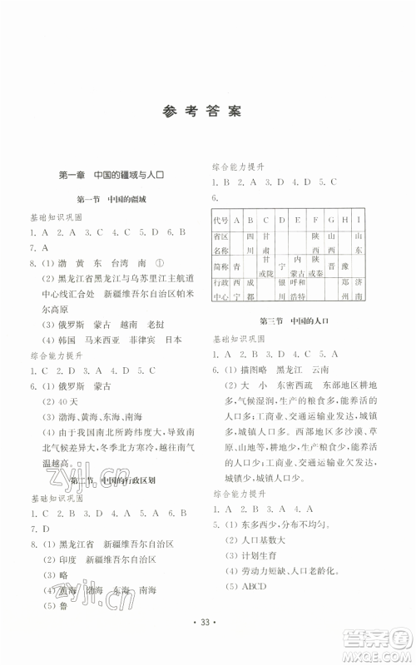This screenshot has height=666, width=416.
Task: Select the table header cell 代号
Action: pos(220,221)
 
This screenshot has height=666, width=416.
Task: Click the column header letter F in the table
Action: pos(315,221)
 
